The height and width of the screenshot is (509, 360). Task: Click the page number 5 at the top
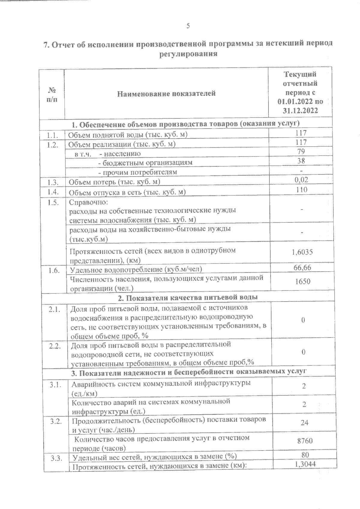[188, 26]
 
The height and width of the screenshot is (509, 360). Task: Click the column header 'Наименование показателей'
[166, 94]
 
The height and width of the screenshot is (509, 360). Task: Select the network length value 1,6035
[302, 252]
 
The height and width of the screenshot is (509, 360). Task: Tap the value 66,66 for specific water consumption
[302, 267]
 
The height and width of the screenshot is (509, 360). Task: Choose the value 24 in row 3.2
[304, 423]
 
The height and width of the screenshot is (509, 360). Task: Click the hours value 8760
[304, 441]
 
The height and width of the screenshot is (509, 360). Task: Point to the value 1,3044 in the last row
[304, 465]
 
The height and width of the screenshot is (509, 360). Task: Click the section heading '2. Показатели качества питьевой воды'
[187, 298]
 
